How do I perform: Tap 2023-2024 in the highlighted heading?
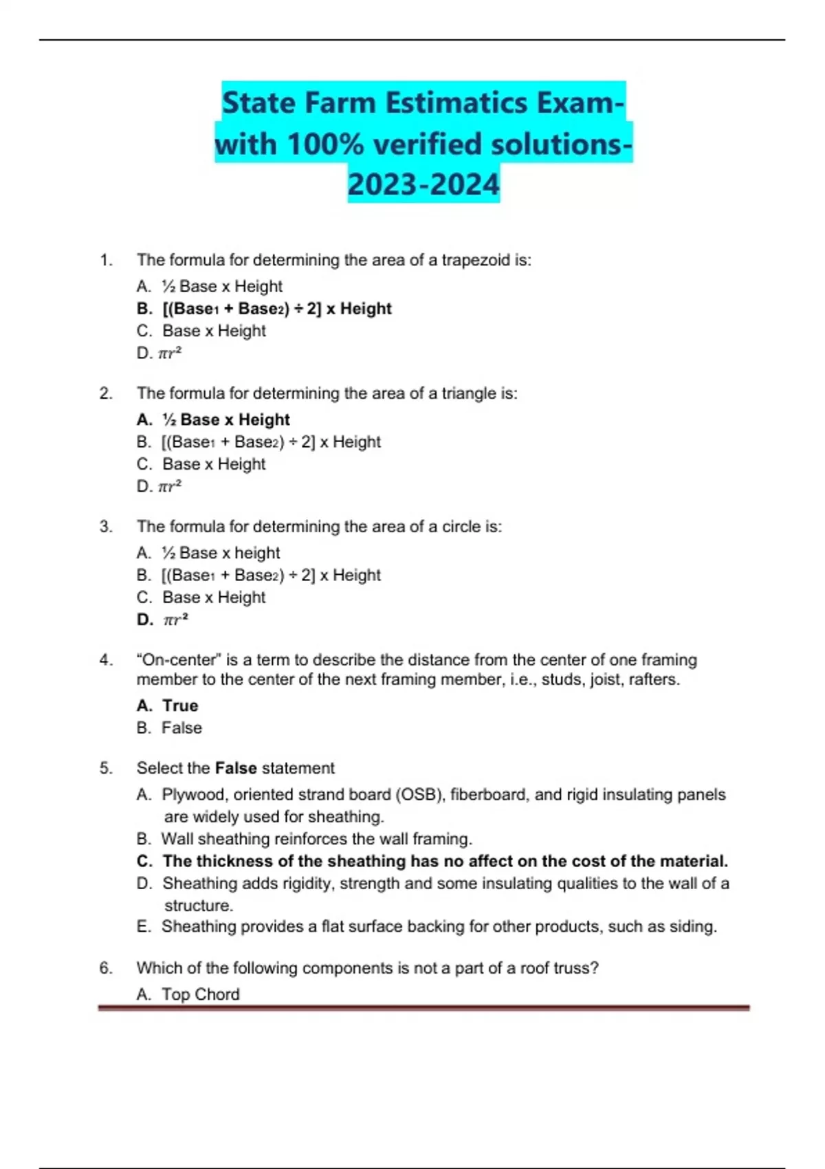423,184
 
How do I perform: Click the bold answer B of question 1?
276,309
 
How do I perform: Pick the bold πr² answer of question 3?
175,620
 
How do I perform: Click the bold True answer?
180,706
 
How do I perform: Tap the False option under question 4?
181,728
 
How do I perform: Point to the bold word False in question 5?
236,768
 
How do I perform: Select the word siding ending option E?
692,927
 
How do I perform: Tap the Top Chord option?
201,994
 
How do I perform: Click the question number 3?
106,527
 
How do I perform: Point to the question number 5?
106,768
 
